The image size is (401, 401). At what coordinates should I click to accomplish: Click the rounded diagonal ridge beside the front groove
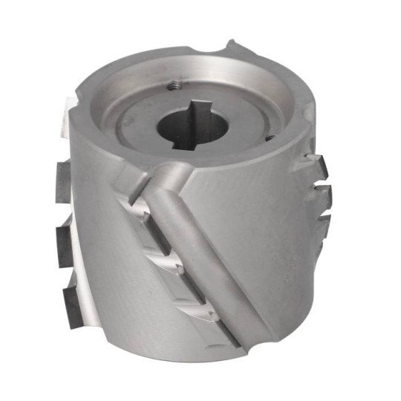[x=200, y=252]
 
